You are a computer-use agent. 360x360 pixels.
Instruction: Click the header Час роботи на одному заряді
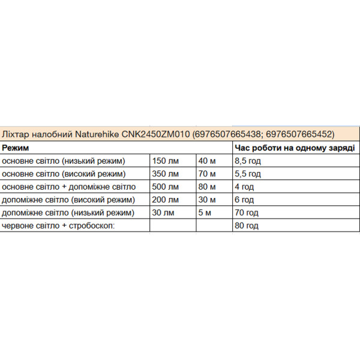[294, 148]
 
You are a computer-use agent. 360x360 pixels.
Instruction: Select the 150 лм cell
[166, 161]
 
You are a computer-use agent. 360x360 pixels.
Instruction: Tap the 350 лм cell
[166, 174]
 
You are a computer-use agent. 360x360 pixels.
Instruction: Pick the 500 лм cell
[166, 187]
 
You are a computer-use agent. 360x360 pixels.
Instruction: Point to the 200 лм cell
[166, 199]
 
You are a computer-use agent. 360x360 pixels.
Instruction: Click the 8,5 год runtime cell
[248, 161]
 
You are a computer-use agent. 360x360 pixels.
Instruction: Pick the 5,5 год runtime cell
[248, 174]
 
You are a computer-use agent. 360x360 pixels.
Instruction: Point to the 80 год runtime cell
[247, 226]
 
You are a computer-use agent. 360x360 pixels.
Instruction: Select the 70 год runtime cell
[247, 212]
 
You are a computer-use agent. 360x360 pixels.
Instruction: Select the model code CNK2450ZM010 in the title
[155, 134]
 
